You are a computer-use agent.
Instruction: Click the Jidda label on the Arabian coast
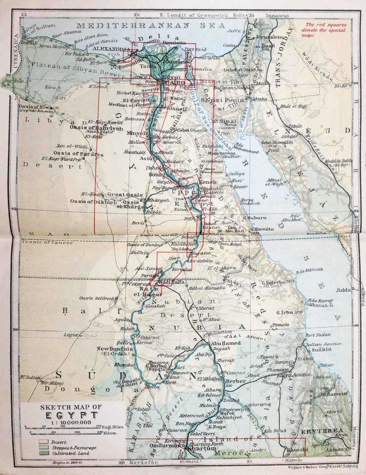(343, 290)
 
